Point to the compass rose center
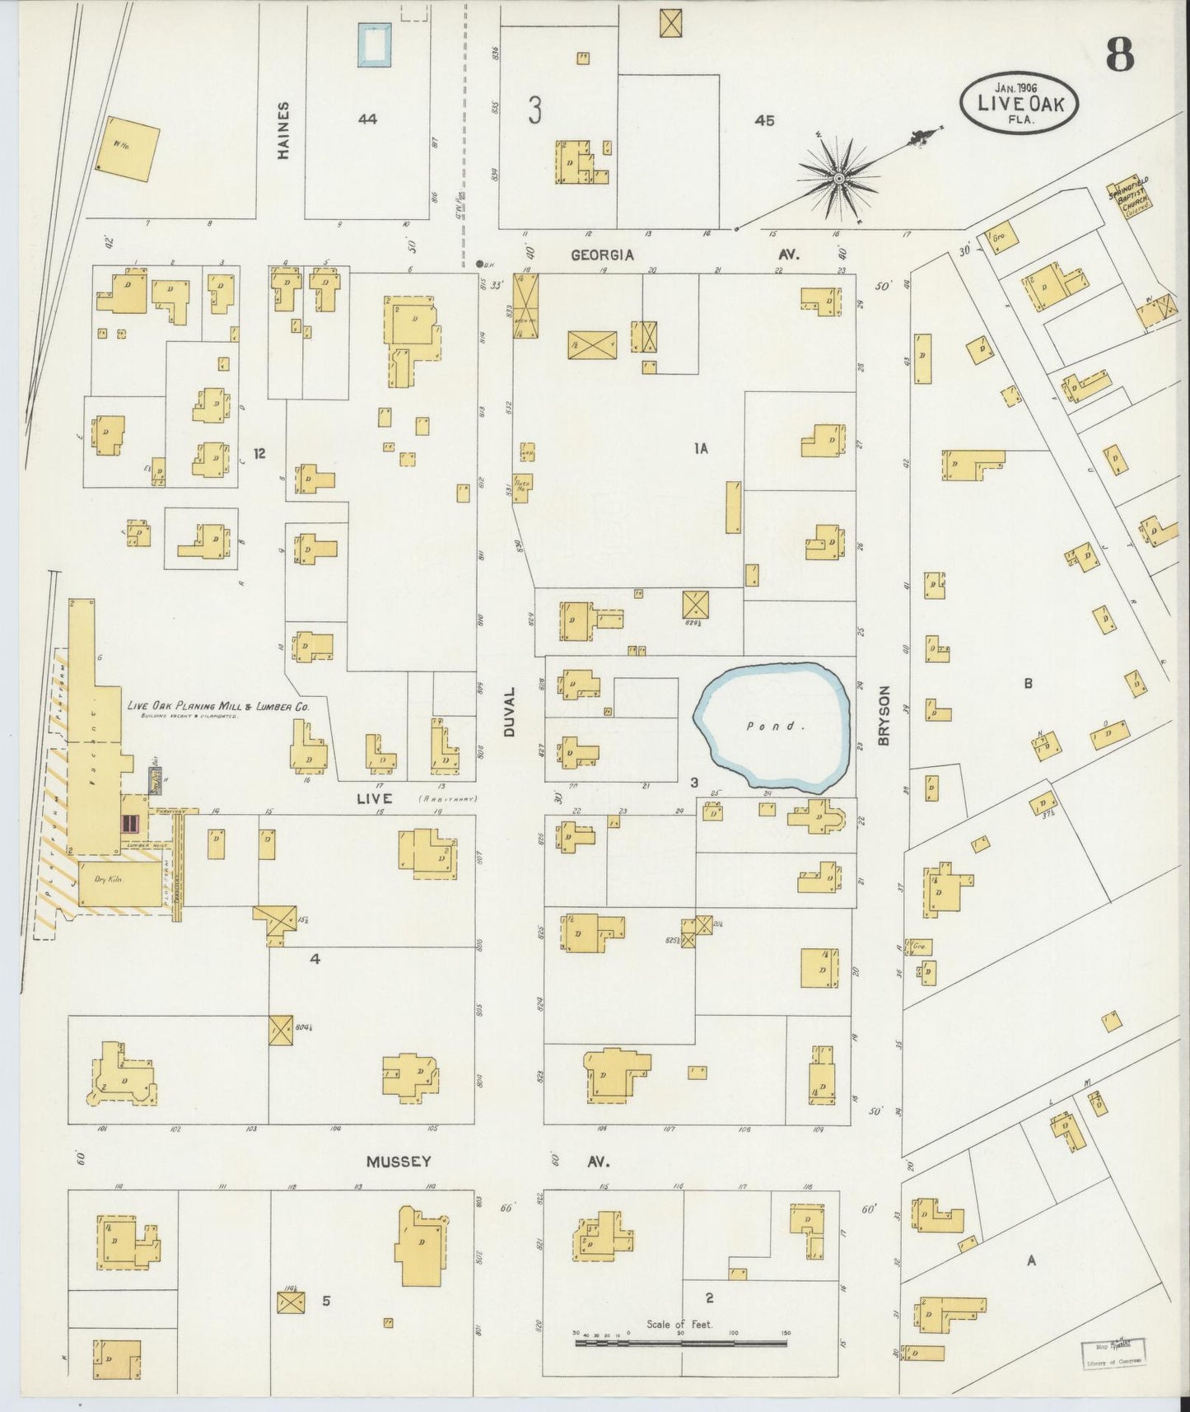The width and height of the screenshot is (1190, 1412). (838, 178)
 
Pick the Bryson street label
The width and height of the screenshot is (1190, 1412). (885, 715)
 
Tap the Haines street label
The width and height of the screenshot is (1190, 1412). (283, 129)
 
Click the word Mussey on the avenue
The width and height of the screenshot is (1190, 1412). (399, 1161)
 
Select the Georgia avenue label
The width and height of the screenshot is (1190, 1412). (603, 255)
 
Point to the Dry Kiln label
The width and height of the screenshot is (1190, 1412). (108, 880)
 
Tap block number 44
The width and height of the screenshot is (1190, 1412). (367, 119)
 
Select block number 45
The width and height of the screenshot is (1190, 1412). (763, 120)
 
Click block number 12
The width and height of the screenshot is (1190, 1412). (259, 453)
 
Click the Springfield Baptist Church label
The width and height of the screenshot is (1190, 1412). (1129, 194)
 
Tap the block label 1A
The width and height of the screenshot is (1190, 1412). (700, 448)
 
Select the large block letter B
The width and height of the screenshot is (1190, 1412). (1028, 683)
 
